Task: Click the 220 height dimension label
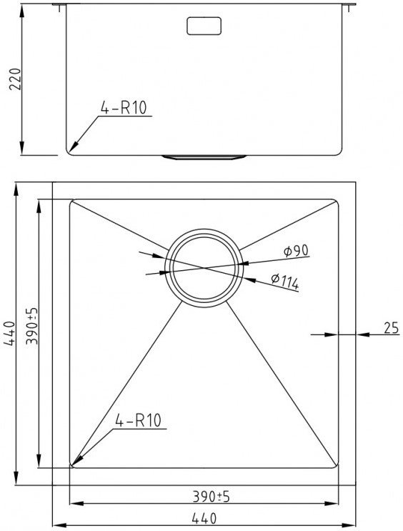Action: (15, 79)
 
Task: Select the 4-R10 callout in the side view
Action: (124, 108)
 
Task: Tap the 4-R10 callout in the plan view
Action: (138, 421)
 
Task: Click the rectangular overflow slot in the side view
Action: (204, 26)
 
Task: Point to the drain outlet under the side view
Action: (204, 157)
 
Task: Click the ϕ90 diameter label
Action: (296, 251)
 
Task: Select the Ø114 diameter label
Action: (285, 282)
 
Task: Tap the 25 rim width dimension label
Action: (392, 328)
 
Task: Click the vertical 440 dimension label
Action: (9, 333)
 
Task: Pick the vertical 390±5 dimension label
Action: (32, 326)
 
